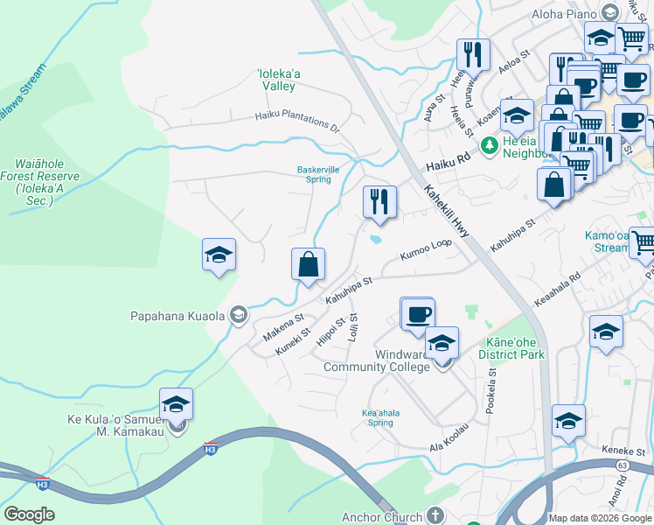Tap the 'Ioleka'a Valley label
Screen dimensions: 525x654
point(280,80)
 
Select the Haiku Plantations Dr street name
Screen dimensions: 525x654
point(297,121)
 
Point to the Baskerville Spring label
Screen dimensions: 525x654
point(317,174)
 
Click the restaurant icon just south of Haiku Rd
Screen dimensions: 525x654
point(379,201)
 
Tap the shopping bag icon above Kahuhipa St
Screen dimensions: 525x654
point(308,264)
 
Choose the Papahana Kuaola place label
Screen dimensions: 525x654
point(177,316)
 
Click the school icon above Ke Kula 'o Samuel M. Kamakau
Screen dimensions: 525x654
point(176,404)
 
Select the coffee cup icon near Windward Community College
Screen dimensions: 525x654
point(418,313)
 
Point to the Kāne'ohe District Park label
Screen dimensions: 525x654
point(511,348)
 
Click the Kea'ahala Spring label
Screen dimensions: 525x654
point(377,416)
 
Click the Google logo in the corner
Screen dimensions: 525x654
point(29,514)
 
